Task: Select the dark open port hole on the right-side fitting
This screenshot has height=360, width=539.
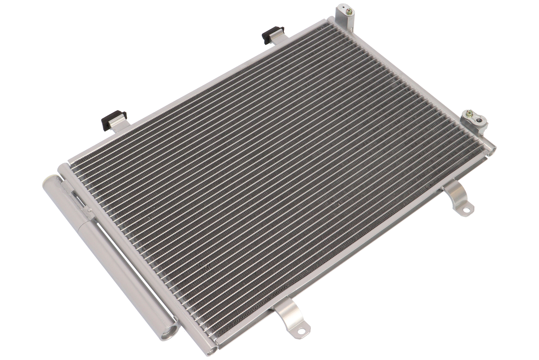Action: tap(480, 121)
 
